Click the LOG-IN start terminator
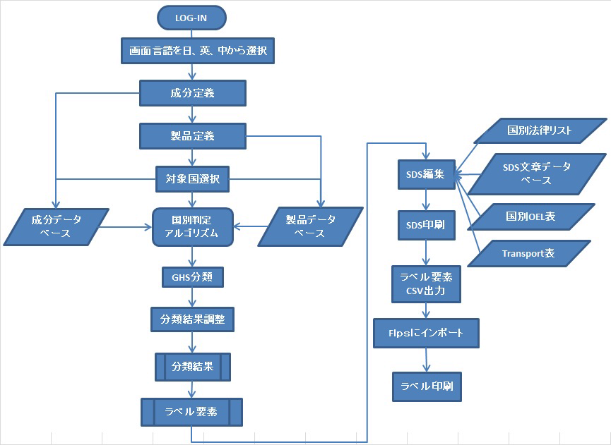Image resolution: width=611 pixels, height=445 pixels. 191,17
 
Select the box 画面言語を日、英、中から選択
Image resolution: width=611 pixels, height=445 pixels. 192,51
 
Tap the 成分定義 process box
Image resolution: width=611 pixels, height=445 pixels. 192,92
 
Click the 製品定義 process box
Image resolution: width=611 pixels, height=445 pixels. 192,135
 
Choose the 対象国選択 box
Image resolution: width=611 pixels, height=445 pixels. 192,179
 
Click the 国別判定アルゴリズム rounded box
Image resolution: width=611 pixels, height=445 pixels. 192,226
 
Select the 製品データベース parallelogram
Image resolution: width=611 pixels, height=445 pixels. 311,226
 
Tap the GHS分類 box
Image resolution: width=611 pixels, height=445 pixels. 192,277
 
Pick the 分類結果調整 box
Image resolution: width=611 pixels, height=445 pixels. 192,319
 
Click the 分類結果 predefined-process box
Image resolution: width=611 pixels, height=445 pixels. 192,367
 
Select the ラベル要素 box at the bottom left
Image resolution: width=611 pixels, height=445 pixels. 191,412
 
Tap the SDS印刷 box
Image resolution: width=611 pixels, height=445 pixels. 425,225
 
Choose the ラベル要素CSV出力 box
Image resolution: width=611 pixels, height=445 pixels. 425,282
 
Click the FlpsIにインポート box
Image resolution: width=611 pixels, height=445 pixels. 426,332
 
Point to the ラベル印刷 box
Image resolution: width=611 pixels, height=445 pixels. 426,386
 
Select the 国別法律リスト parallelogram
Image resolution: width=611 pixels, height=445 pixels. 540,130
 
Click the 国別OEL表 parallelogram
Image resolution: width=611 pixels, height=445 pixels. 531,217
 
